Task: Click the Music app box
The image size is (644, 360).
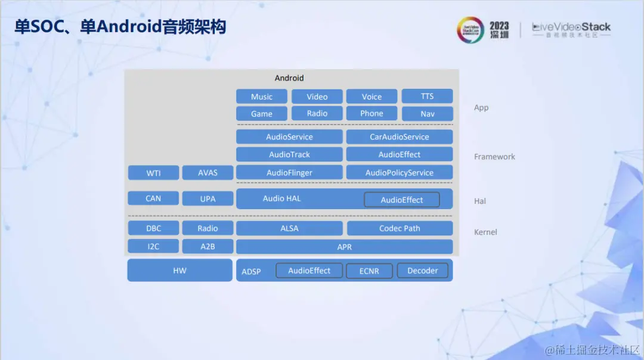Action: pyautogui.click(x=261, y=97)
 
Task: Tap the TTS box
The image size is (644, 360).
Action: pyautogui.click(x=427, y=96)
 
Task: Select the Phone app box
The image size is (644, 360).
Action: pyautogui.click(x=371, y=113)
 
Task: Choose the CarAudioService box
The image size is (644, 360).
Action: pyautogui.click(x=399, y=136)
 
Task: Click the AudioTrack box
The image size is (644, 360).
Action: pyautogui.click(x=289, y=154)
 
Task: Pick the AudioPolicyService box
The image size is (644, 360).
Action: pyautogui.click(x=399, y=172)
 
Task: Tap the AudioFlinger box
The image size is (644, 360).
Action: pyautogui.click(x=289, y=172)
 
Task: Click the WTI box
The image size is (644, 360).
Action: pyautogui.click(x=153, y=173)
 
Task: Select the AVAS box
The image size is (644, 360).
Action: pyautogui.click(x=208, y=173)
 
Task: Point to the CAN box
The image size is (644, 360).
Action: pyautogui.click(x=153, y=198)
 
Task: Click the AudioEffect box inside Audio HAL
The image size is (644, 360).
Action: pyautogui.click(x=401, y=200)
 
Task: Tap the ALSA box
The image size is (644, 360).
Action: pyautogui.click(x=289, y=228)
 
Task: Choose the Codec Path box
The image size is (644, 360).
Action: pyautogui.click(x=399, y=228)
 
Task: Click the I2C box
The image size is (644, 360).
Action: pyautogui.click(x=153, y=246)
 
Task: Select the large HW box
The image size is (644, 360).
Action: pyautogui.click(x=179, y=270)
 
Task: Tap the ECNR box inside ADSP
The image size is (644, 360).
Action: pyautogui.click(x=369, y=271)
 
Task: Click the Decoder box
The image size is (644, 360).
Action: pyautogui.click(x=422, y=271)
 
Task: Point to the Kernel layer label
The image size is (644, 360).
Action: pyautogui.click(x=485, y=232)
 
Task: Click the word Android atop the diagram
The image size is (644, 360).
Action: pyautogui.click(x=289, y=78)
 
